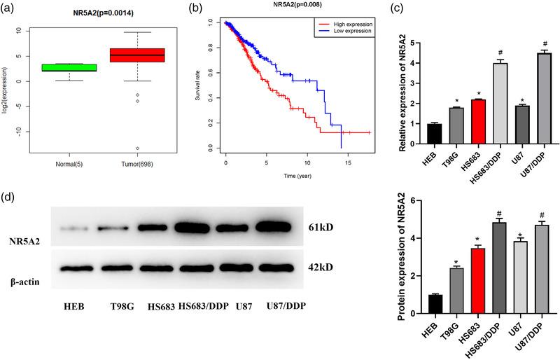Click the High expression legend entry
pos(354,24)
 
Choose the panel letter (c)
pos(398,8)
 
